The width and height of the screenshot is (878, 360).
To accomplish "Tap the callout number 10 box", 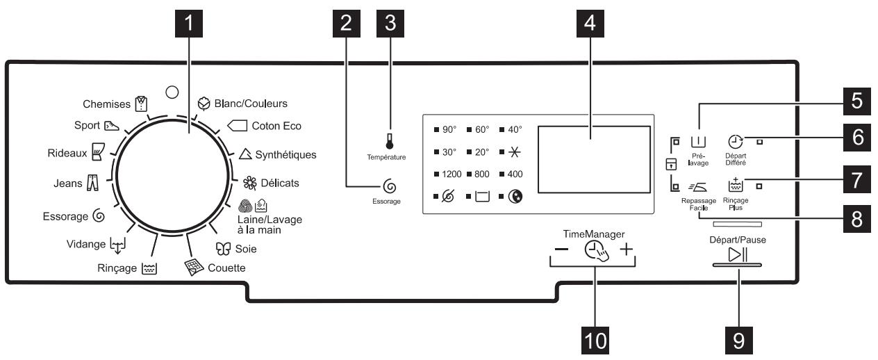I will tap(597, 340).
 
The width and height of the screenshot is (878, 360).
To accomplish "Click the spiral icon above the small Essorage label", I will tap(390, 186).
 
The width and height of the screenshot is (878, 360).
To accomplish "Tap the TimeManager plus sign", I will tap(627, 250).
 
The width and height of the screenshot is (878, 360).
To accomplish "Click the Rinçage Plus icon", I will tap(735, 185).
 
